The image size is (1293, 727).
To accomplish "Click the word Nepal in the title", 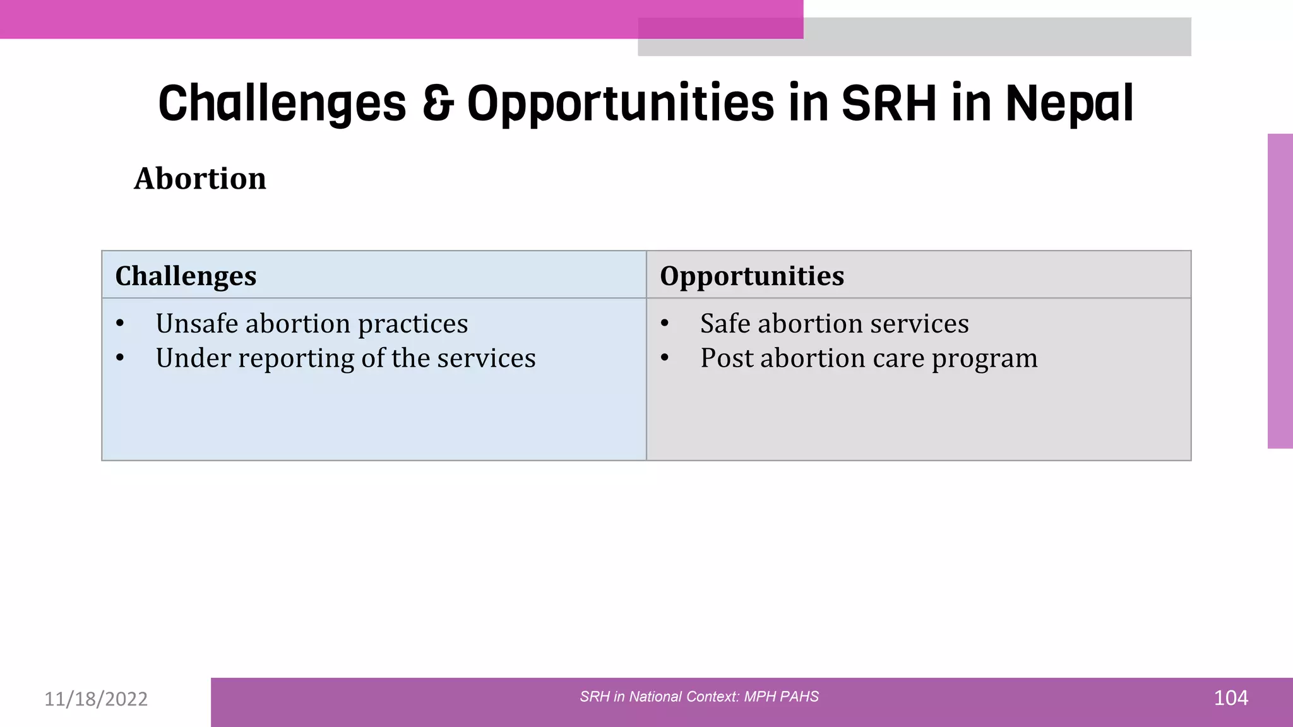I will point(1069,103).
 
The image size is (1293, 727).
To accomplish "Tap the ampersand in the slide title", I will point(438,103).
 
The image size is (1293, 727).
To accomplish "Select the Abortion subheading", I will point(200,179).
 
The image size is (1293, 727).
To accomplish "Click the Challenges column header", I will point(186,276).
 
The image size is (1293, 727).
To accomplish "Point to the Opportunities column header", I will point(751,276).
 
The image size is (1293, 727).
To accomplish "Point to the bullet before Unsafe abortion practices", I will point(120,324).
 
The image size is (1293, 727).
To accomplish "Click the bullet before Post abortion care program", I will point(664,358).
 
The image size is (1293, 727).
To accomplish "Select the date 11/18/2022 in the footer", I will point(96,699).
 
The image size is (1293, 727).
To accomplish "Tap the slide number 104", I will point(1230,698).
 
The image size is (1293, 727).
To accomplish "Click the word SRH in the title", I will point(889,103).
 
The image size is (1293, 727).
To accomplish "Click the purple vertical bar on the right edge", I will point(1280,291).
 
